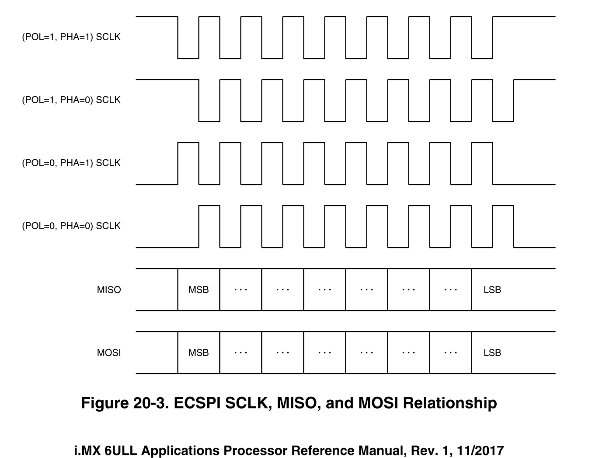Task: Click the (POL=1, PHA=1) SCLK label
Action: pos(71,37)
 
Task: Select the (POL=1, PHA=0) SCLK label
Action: pos(71,100)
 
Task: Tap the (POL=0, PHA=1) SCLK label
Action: pos(71,163)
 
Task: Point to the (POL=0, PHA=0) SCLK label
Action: pos(71,226)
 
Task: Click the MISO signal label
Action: pos(109,290)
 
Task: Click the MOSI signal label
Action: pos(109,353)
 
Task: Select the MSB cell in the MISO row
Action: pos(198,290)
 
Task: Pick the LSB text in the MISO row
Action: pos(492,290)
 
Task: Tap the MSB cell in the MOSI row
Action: pos(198,353)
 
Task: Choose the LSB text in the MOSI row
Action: pos(492,353)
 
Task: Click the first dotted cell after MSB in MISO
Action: pos(240,290)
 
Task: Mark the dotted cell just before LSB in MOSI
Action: pos(450,353)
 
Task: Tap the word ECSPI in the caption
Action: pos(197,403)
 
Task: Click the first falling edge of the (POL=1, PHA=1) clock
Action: pos(178,37)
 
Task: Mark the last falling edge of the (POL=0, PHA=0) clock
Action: pos(514,226)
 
